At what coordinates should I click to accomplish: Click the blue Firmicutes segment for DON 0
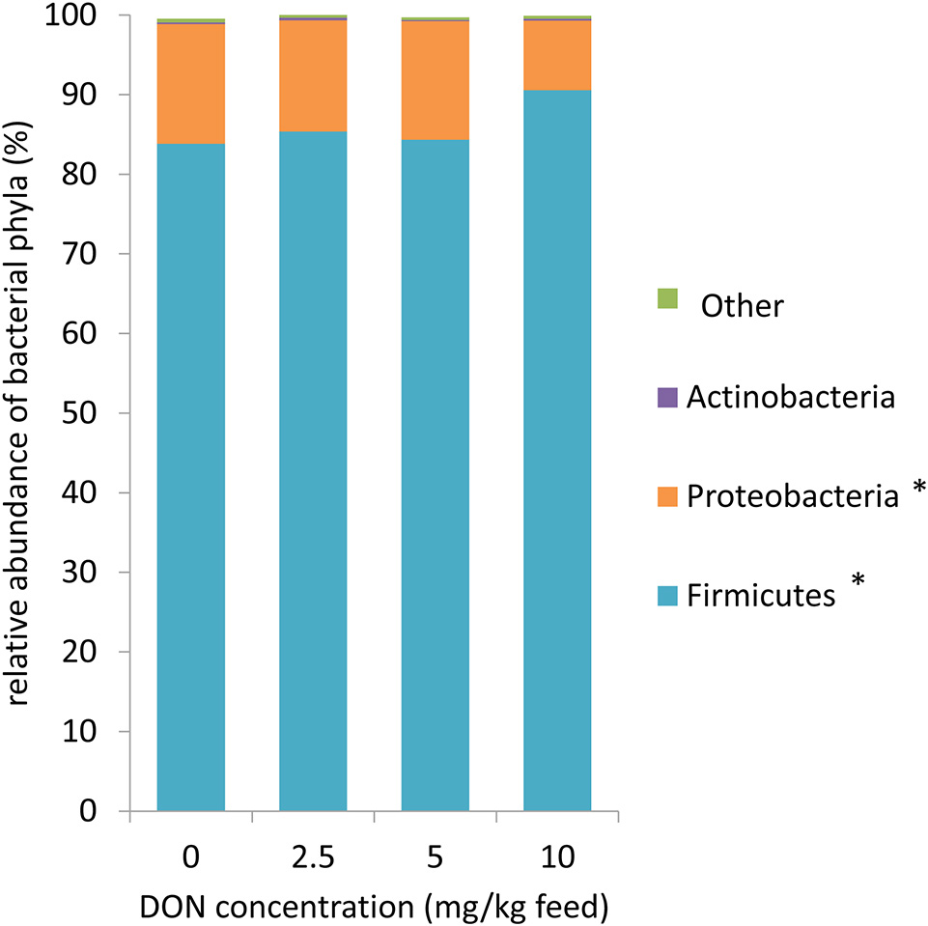[191, 478]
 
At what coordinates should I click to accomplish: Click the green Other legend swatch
[665, 298]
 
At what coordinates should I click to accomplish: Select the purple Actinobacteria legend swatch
[665, 397]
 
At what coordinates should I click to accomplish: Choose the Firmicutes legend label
[761, 596]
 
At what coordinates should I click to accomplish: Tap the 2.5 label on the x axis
[313, 856]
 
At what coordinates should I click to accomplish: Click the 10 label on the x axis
[557, 856]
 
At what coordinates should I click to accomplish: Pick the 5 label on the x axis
[436, 856]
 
